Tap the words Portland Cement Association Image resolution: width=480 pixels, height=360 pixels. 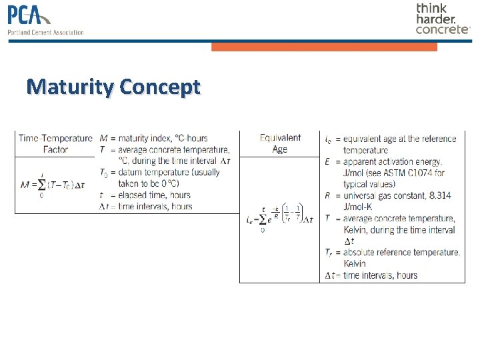coord(46,32)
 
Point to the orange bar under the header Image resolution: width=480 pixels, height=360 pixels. coord(324,47)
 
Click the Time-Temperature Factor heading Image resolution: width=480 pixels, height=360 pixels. coord(55,144)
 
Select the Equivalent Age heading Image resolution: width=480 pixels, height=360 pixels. coord(280,143)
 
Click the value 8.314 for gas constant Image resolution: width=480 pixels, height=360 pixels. coord(442,196)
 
